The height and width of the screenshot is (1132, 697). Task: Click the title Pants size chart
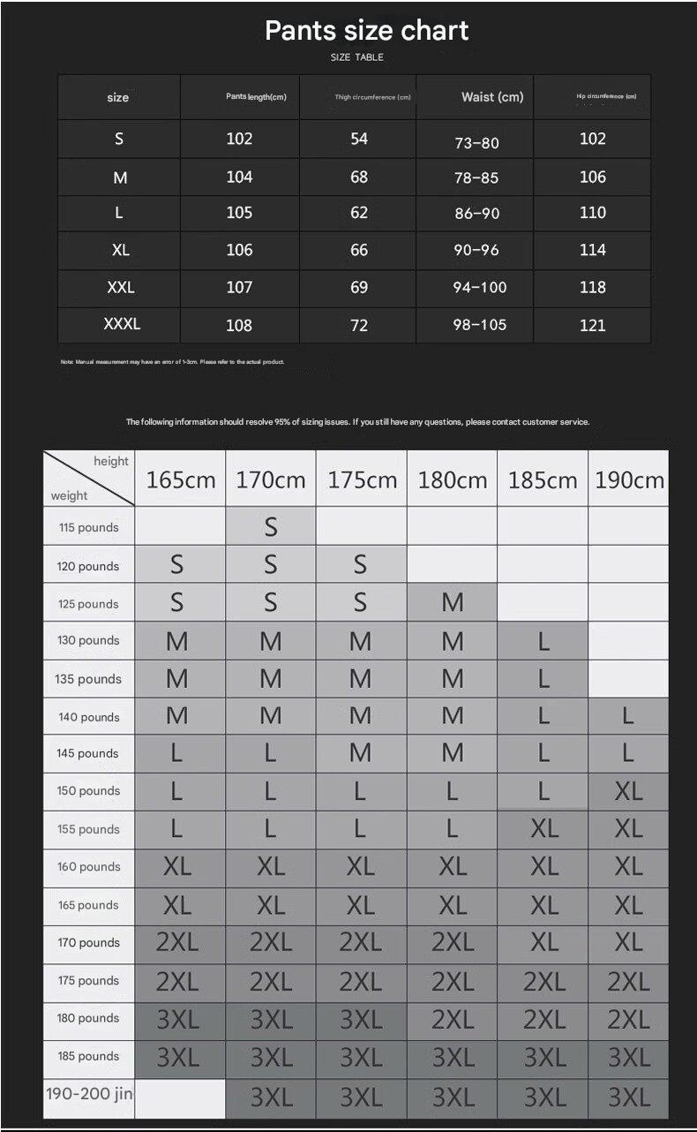coord(366,30)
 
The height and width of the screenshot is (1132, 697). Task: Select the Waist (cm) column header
coord(491,97)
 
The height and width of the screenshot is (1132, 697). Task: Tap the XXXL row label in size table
coord(122,324)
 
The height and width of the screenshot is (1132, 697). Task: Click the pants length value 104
coord(239,177)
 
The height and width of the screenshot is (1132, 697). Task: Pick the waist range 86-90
coord(476,214)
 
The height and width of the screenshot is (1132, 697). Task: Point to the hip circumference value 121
coord(593,325)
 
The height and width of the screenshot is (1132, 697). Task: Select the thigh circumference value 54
coord(359,139)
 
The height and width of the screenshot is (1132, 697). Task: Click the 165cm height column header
coord(181,479)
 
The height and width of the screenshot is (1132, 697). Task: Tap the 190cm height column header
coord(629,479)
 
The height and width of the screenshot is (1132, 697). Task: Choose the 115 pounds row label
coord(88,527)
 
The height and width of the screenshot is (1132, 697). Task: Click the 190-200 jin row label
coord(89,1094)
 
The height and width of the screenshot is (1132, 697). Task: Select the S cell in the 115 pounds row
coord(271,527)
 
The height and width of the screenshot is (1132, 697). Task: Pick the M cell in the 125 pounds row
coord(453,603)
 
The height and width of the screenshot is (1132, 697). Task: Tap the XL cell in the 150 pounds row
coord(629,791)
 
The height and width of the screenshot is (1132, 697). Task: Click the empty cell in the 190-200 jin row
coord(181,1098)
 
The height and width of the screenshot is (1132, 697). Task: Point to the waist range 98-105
coord(480,325)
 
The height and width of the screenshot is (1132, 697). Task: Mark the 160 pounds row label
coord(88,866)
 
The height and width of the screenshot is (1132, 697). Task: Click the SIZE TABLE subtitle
coord(356,57)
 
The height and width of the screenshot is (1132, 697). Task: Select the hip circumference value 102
coord(593,139)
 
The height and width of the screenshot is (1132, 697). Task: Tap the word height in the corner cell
coord(111,461)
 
